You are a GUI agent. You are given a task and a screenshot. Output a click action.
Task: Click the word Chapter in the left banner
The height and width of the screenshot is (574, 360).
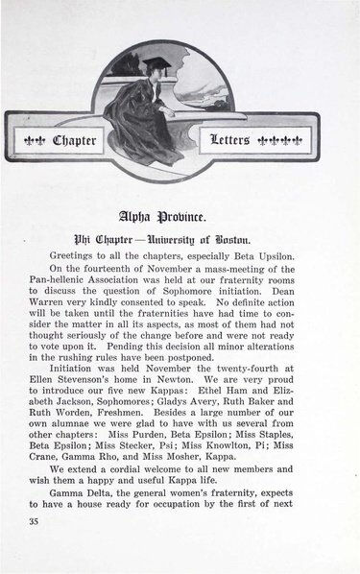(x=75, y=141)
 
